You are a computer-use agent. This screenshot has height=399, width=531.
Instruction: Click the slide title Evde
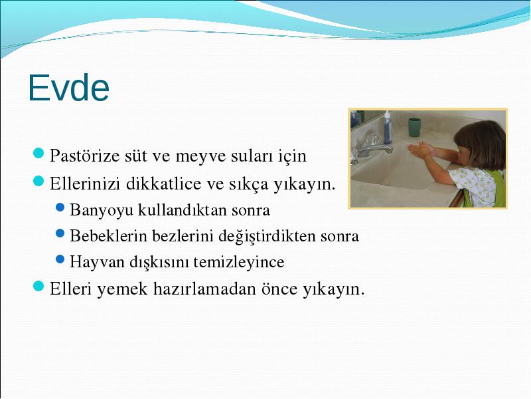tap(69, 88)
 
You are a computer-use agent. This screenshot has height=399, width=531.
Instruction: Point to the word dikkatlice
tap(164, 184)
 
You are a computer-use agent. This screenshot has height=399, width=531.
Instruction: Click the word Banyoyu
tap(102, 211)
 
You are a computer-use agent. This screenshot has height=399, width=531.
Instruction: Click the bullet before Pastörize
tap(38, 153)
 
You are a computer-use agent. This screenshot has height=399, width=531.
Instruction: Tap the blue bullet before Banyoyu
tap(60, 207)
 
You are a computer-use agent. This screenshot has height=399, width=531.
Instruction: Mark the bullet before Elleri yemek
tap(38, 286)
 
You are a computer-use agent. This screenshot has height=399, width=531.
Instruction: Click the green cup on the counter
tap(414, 127)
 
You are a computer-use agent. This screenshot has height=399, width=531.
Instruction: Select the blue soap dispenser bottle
tap(388, 127)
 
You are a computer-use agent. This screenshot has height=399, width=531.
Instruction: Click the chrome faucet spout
tap(375, 149)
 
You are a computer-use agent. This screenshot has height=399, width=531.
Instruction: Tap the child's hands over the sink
tap(420, 150)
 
